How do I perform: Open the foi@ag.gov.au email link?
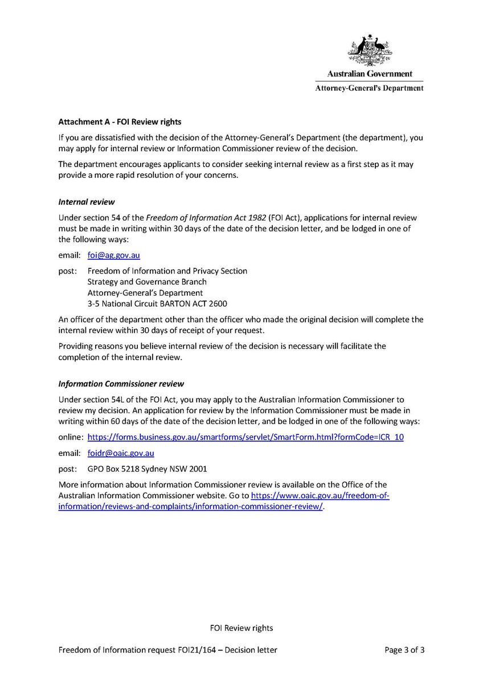(110, 256)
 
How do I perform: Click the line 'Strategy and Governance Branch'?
(147, 282)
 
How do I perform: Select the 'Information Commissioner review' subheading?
(121, 384)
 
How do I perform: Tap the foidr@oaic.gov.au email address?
(121, 453)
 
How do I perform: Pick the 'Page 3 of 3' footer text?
(402, 650)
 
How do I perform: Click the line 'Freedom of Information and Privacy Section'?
(167, 271)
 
